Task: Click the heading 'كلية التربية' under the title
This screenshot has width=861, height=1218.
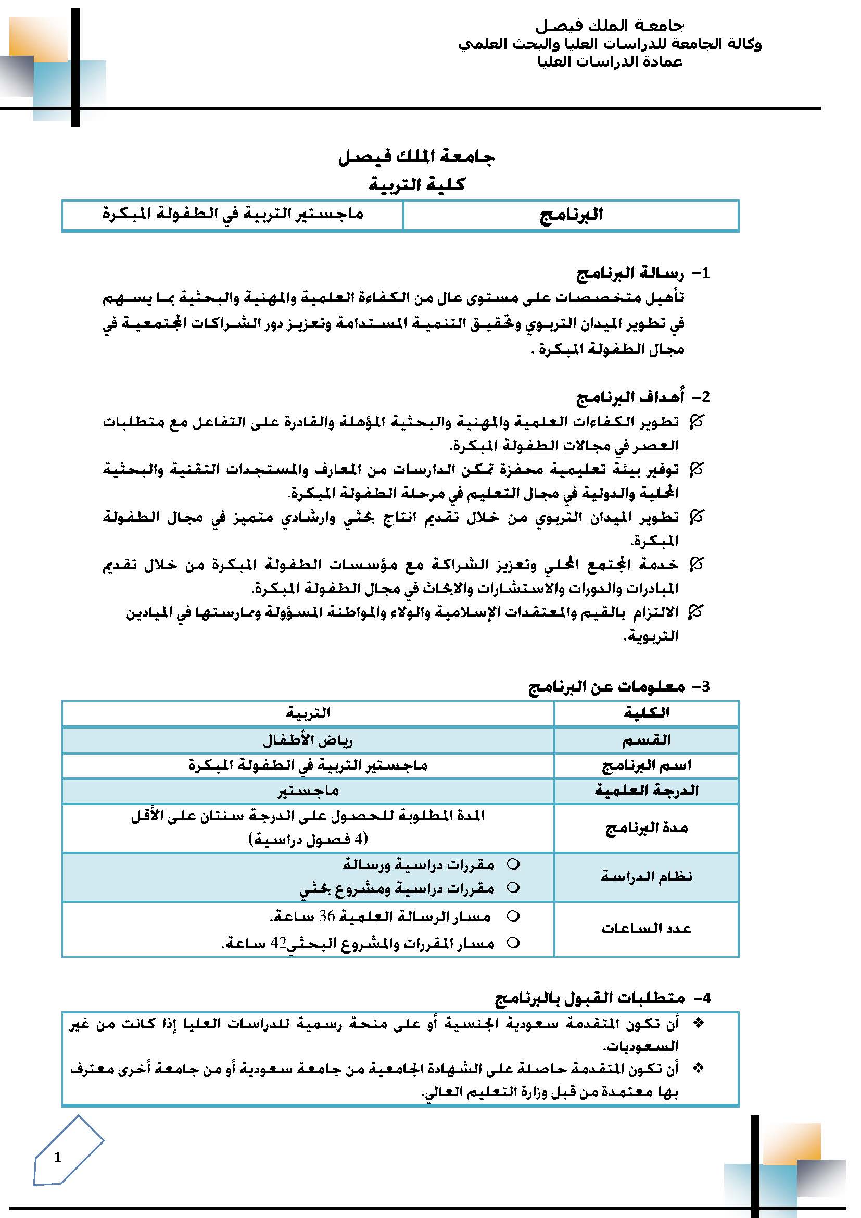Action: [417, 185]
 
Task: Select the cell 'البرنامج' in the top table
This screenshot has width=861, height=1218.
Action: [571, 215]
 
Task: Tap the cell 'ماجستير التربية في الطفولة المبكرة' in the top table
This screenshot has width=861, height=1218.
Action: [233, 214]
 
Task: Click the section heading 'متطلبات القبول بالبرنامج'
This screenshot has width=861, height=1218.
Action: [590, 998]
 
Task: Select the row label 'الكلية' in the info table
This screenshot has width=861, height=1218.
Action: [647, 713]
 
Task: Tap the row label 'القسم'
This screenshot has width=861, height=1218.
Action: [647, 739]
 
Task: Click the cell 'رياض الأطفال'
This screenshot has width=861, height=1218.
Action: [308, 739]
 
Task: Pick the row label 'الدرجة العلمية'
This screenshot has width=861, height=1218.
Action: [647, 791]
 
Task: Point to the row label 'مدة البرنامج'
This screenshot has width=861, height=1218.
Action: [647, 828]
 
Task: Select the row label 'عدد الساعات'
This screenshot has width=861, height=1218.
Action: [647, 928]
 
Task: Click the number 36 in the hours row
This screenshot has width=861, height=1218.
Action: [327, 916]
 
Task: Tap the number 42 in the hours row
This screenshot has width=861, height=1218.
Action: [278, 943]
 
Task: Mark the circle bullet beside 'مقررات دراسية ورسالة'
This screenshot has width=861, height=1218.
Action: [513, 864]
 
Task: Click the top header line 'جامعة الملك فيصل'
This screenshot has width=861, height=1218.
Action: [610, 26]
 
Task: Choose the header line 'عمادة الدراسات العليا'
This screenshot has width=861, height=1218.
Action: [610, 62]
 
